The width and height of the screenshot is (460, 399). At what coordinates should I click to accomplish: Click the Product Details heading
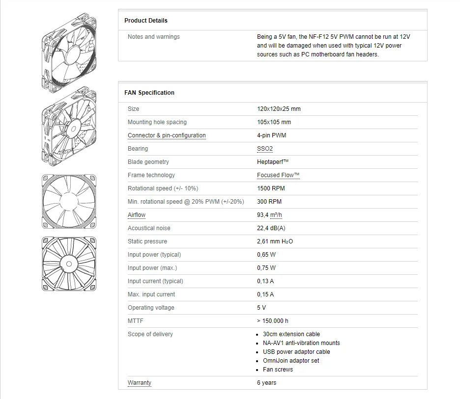point(146,21)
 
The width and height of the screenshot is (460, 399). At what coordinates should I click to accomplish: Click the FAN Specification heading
point(149,93)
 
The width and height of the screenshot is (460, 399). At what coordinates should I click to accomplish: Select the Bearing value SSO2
point(264,149)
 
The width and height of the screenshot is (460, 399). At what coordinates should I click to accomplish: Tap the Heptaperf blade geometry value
point(273,162)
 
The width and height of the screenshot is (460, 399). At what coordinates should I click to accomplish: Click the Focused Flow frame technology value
point(278,175)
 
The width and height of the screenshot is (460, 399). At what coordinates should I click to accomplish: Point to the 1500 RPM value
point(271,188)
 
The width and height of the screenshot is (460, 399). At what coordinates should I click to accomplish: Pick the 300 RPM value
point(269,202)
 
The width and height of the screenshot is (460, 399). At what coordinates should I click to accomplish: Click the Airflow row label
point(137,215)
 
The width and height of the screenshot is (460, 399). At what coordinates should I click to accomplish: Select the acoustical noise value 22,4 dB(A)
point(271,228)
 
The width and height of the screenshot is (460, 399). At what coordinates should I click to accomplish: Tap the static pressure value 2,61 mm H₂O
point(275,241)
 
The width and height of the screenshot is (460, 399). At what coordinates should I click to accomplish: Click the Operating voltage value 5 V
point(261,308)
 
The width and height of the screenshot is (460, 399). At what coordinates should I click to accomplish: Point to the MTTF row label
point(135,321)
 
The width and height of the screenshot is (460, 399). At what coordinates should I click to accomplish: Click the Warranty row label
point(140,383)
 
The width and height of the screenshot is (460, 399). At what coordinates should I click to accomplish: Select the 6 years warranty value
point(266,383)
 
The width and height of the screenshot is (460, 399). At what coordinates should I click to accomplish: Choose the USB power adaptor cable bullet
point(296,352)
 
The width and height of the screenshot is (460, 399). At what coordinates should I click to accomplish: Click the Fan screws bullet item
point(278,370)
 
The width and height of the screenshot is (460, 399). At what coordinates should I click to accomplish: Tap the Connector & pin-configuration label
point(167,135)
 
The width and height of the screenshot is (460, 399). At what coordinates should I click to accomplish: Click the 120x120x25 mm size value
point(279,109)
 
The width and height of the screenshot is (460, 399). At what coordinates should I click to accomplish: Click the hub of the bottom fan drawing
point(69,264)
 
